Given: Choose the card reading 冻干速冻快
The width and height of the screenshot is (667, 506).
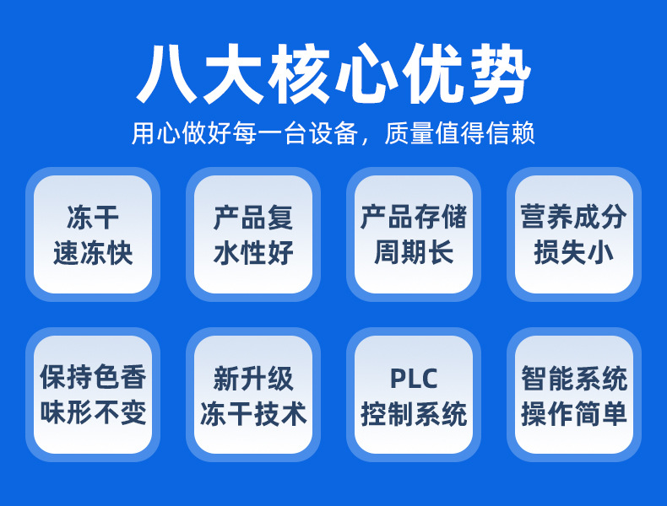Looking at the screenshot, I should (93, 234).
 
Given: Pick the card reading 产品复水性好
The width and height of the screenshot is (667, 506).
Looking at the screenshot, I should (253, 234).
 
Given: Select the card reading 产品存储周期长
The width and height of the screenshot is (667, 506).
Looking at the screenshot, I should (414, 234).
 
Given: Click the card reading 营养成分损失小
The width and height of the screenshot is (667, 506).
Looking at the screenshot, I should (574, 234).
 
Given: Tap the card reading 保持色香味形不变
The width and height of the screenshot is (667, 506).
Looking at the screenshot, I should (93, 395).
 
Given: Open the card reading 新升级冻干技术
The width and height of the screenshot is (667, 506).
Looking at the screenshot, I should (253, 395).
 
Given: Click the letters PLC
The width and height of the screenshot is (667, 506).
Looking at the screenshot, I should (414, 379).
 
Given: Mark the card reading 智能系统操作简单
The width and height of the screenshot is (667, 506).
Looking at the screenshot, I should (574, 395).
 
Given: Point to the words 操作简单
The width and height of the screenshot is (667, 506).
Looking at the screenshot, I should (574, 413).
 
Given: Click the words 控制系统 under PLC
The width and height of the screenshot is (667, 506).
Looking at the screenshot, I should (414, 413).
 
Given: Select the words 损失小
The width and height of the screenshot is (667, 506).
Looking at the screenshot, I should (574, 253).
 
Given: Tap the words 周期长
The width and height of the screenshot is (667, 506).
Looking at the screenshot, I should (414, 253).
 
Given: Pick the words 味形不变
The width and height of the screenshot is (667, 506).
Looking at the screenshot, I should (93, 413).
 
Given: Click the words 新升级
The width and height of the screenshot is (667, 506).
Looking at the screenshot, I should (253, 379).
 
